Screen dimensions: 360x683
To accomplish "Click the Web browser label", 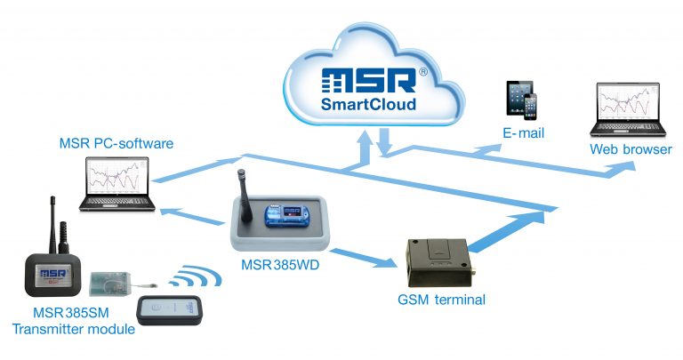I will coord(631,149).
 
